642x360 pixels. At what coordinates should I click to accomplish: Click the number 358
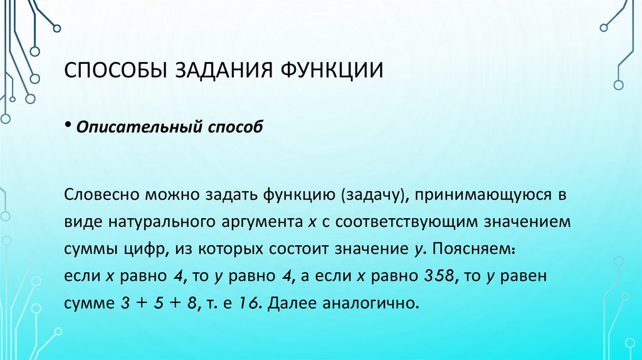point(438,276)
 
